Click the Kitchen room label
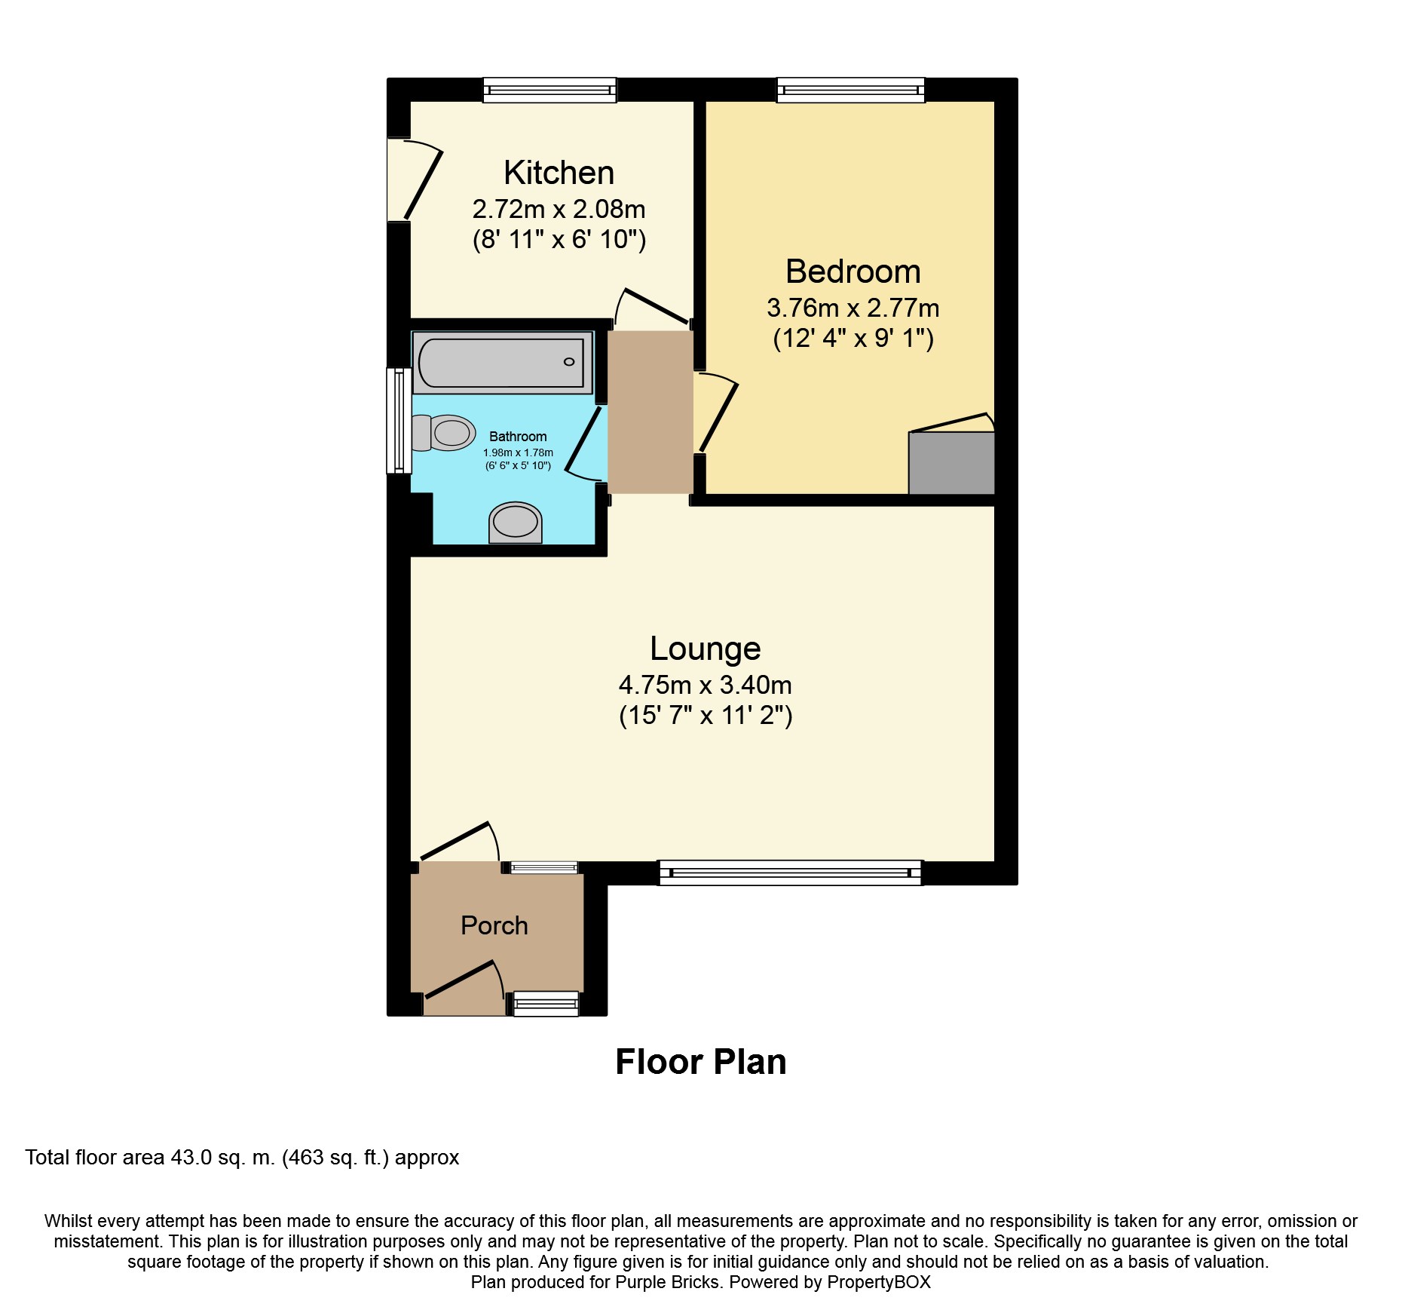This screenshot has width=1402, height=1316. (x=559, y=173)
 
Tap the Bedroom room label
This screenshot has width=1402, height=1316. (x=853, y=271)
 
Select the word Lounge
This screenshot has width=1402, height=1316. (x=706, y=649)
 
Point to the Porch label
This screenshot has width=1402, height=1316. (x=494, y=925)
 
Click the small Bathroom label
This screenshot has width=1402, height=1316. (x=518, y=437)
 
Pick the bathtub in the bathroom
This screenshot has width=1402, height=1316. (x=503, y=363)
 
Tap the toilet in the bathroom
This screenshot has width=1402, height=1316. (x=443, y=433)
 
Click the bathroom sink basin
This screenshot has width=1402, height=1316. (x=516, y=522)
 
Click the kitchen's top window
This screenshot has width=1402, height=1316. (x=549, y=90)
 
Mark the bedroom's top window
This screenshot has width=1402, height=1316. (x=851, y=90)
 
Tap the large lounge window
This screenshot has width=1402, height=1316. (x=790, y=873)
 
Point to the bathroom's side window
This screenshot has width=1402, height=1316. (x=399, y=421)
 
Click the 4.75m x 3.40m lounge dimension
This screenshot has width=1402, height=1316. (x=706, y=685)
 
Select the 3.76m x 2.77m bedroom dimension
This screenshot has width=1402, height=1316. (x=853, y=308)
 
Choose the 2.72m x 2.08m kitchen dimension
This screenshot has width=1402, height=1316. (x=559, y=209)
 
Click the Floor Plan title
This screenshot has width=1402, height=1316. (x=701, y=1062)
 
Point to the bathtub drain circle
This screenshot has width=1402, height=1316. (x=569, y=362)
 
